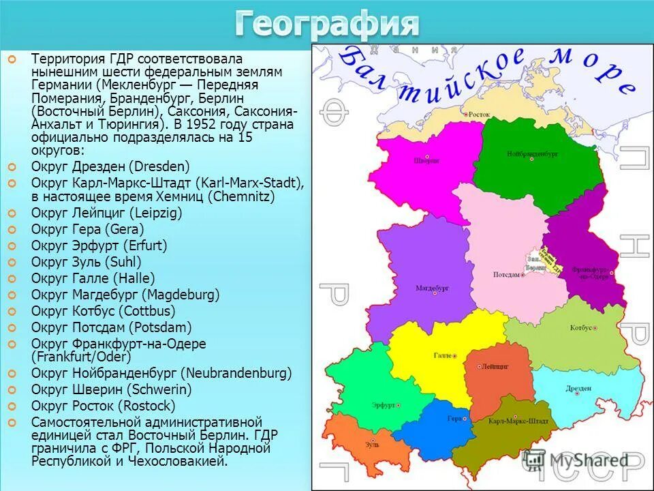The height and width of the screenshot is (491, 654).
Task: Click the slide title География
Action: [326, 25]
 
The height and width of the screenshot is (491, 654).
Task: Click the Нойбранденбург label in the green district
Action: [532, 154]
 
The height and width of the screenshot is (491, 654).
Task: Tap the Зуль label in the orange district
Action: [372, 444]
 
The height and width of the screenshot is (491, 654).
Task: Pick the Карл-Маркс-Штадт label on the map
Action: [518, 421]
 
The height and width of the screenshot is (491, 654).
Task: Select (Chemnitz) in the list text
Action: [242, 196]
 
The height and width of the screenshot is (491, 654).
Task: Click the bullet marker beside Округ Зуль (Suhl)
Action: [10, 262]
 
